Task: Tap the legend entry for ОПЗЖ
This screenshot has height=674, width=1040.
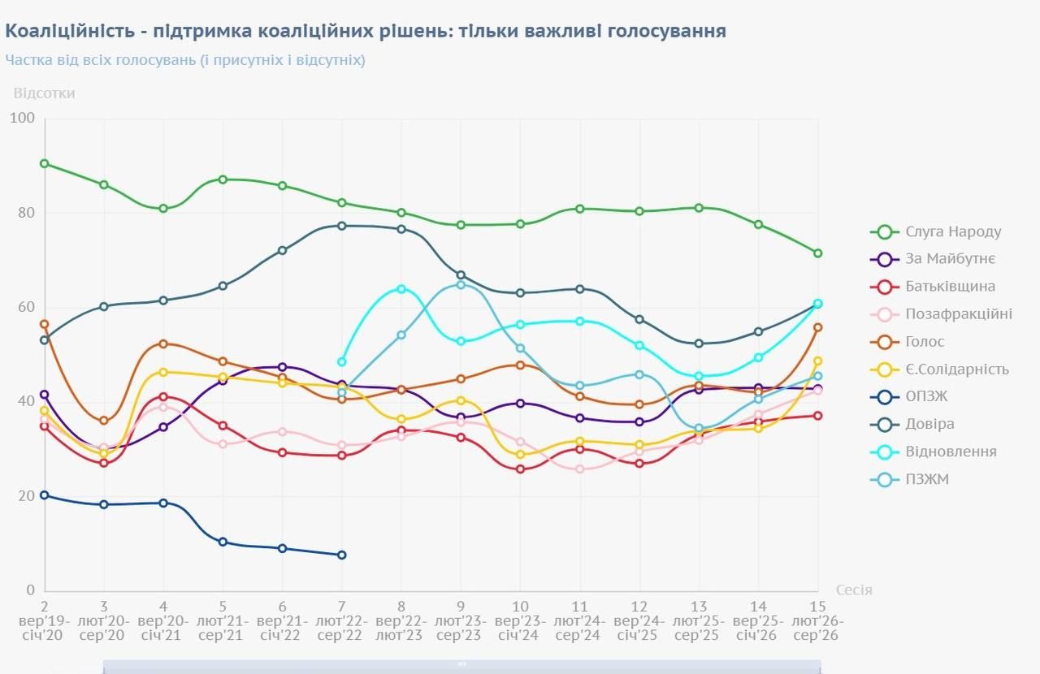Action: [926, 396]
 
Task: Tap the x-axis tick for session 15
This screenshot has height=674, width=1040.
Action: [817, 606]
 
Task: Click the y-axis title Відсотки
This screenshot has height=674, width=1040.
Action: [44, 93]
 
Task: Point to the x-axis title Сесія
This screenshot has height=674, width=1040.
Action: [854, 590]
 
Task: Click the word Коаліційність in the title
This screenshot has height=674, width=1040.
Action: [62, 31]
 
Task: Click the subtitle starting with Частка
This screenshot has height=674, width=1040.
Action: [185, 60]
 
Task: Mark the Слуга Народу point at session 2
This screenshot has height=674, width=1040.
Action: [45, 163]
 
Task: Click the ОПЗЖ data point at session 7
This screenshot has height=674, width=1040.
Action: [341, 555]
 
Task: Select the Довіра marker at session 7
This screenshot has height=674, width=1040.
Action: [341, 226]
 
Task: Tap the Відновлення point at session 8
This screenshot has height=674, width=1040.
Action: [401, 289]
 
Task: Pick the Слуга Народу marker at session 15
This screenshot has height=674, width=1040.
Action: [817, 253]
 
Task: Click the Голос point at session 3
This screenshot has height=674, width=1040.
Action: [104, 421]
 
